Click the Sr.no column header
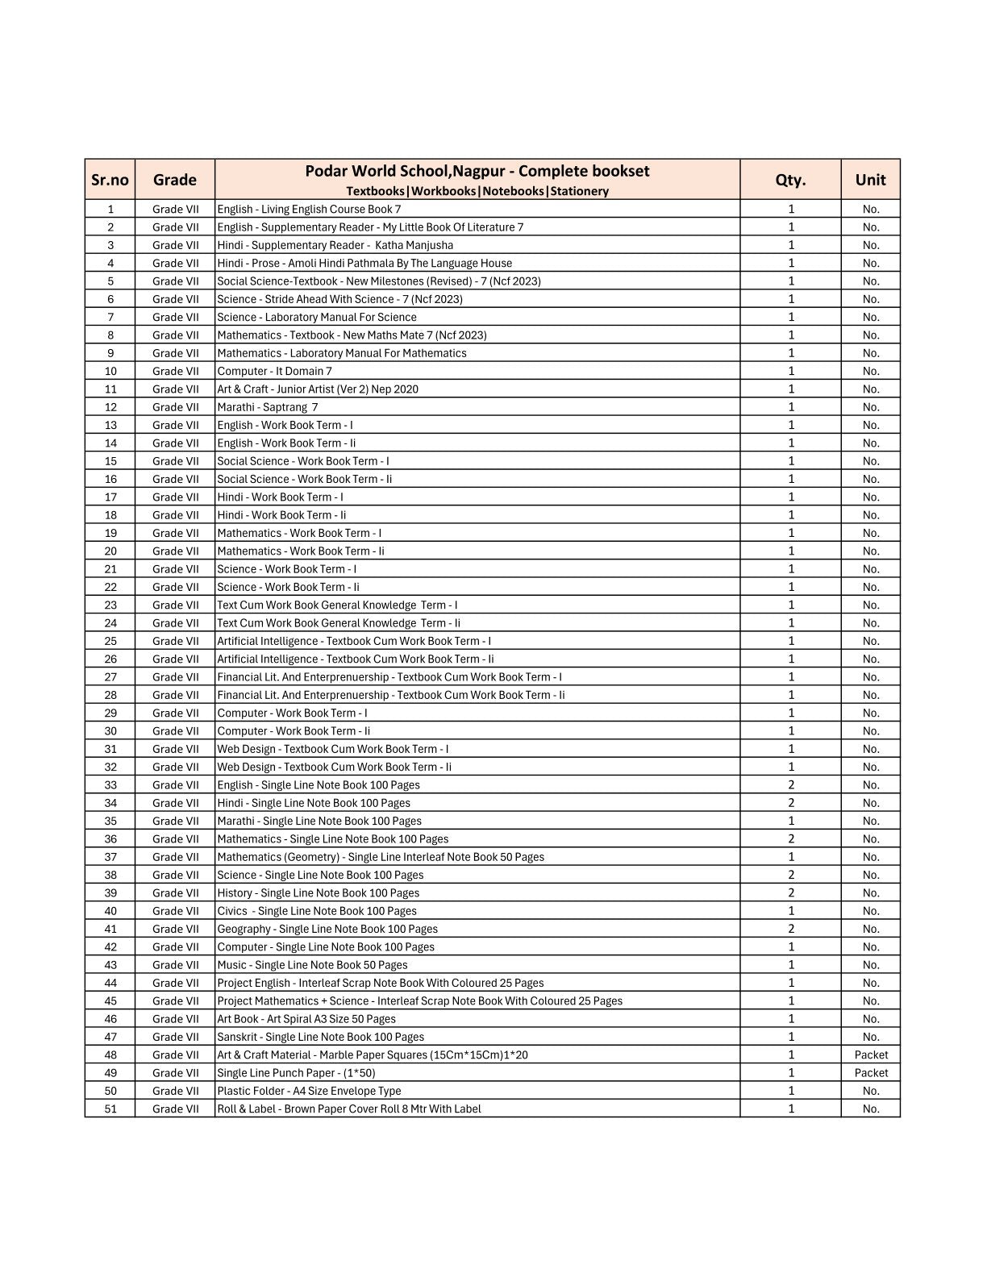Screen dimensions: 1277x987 [x=110, y=180]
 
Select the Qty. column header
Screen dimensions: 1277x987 [x=790, y=180]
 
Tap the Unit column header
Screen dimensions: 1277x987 [x=870, y=180]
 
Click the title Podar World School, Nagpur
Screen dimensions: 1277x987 [x=477, y=171]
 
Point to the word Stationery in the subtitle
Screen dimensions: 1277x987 [x=579, y=191]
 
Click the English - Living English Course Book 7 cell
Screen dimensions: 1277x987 [x=309, y=209]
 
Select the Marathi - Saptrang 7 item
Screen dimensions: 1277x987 [x=267, y=407]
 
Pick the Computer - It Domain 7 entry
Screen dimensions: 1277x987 [x=274, y=371]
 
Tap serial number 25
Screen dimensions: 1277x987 [x=110, y=641]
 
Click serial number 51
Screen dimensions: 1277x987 [x=110, y=1109]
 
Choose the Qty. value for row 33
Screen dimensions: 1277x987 [x=791, y=784]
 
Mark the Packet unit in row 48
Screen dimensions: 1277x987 [x=871, y=1054]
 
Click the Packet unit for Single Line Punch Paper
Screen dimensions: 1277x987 [x=871, y=1072]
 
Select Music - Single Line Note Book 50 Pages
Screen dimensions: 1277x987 [x=312, y=964]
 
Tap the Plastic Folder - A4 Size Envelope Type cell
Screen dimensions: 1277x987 [x=309, y=1091]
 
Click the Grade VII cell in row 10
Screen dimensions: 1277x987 [x=175, y=371]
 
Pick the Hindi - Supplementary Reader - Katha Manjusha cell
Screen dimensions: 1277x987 [x=335, y=245]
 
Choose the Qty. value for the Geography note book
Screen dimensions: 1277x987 [x=791, y=929]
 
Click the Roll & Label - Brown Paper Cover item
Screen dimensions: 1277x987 [x=348, y=1109]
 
